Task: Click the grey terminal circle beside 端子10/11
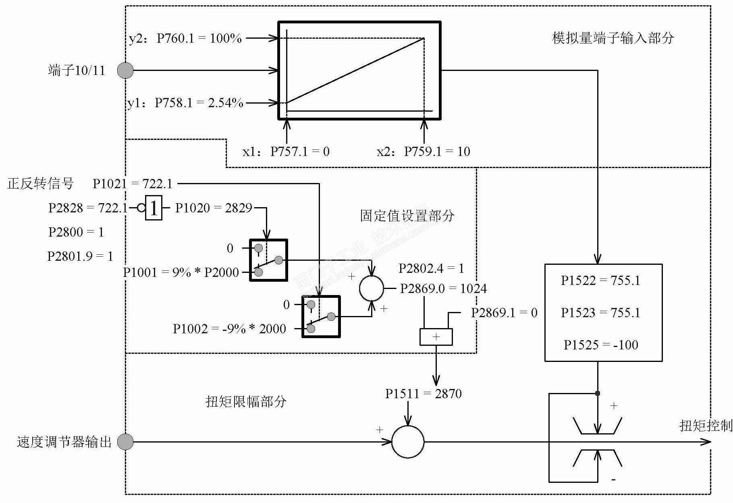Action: click(125, 71)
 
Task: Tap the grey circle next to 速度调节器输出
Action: click(125, 442)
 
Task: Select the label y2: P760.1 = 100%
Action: click(185, 38)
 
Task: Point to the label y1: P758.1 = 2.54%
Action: click(185, 103)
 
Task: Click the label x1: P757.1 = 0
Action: click(286, 152)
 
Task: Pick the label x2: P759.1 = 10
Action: click(424, 152)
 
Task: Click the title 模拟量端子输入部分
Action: click(613, 38)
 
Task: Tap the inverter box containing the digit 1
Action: click(154, 208)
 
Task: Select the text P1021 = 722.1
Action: click(133, 184)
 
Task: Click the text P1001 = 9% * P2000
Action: click(181, 272)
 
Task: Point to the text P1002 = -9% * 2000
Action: click(229, 329)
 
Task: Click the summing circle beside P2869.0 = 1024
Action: click(372, 289)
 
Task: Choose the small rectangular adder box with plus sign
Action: click(436, 337)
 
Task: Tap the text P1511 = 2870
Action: click(424, 393)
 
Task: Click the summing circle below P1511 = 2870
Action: click(408, 442)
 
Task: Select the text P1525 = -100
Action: click(601, 345)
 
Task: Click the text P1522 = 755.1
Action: click(600, 281)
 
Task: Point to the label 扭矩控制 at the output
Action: click(706, 426)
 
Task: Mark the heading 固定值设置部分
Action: click(407, 216)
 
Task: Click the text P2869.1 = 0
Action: click(504, 313)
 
